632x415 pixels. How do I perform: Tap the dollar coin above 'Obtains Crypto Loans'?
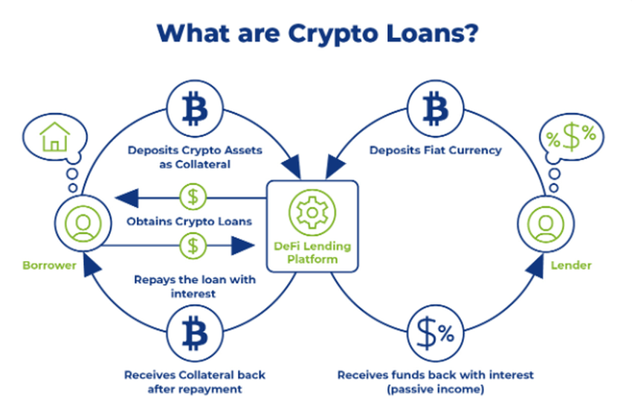click(x=193, y=197)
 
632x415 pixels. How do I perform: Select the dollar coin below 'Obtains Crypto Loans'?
click(x=193, y=243)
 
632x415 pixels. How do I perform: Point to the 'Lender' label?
click(x=576, y=265)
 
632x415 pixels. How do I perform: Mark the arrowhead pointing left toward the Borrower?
click(x=127, y=197)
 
